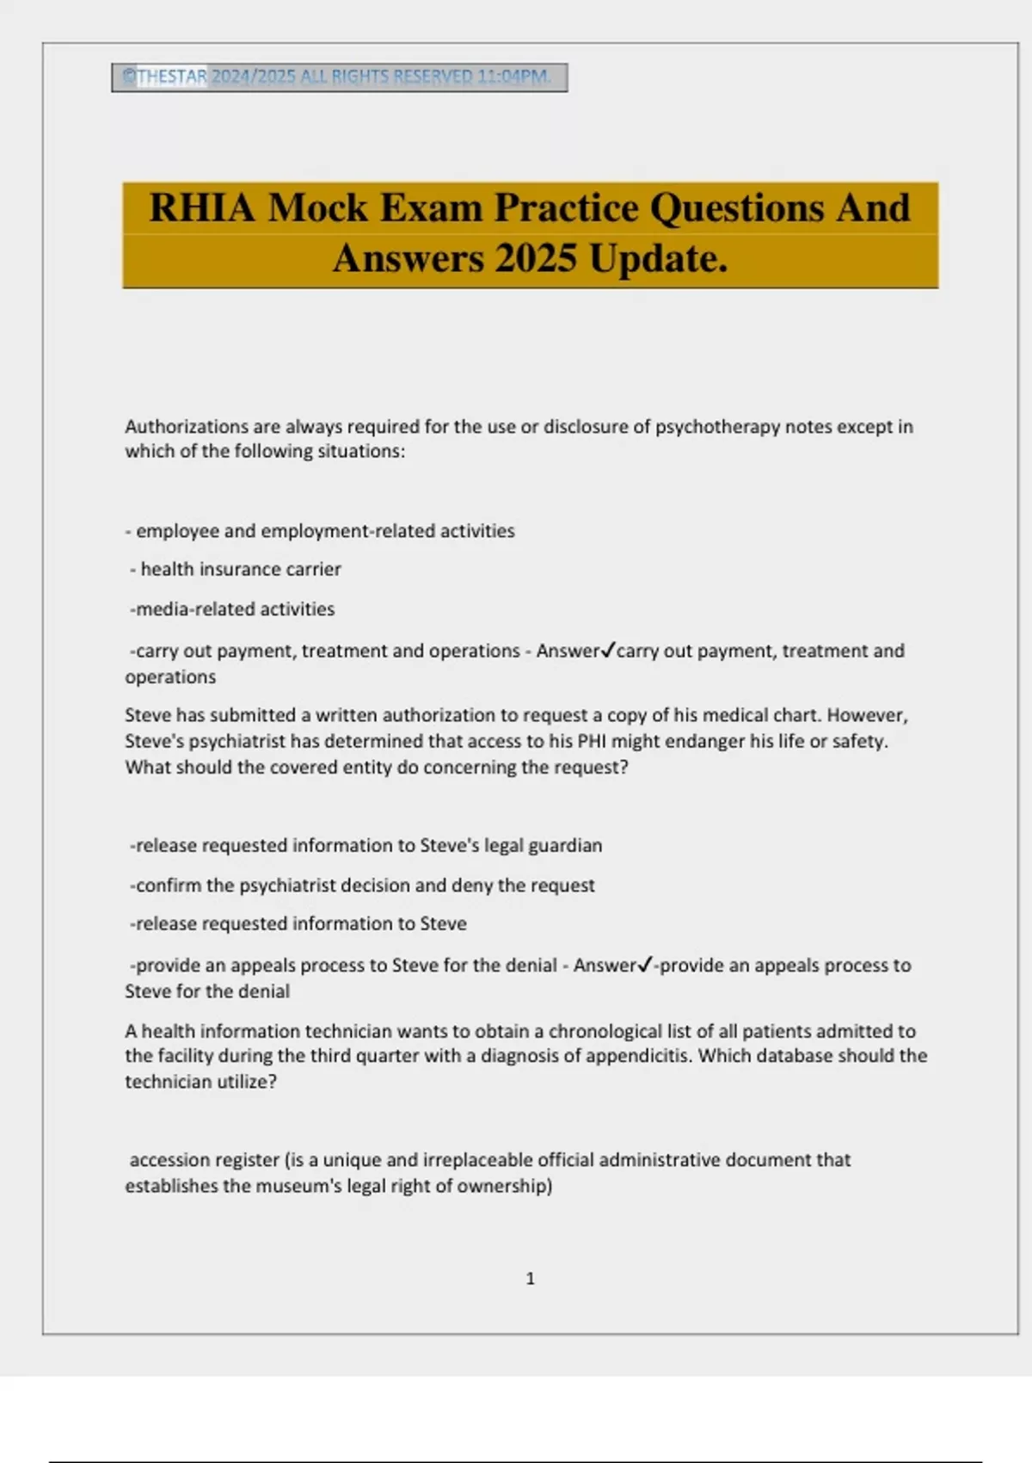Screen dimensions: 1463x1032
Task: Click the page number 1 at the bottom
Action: [530, 1279]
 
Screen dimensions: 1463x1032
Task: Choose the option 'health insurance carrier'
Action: [240, 570]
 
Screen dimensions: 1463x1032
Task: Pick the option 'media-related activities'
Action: [235, 609]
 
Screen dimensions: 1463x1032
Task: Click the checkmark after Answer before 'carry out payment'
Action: [607, 651]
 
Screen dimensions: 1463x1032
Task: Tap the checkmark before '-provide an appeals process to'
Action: [645, 966]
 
